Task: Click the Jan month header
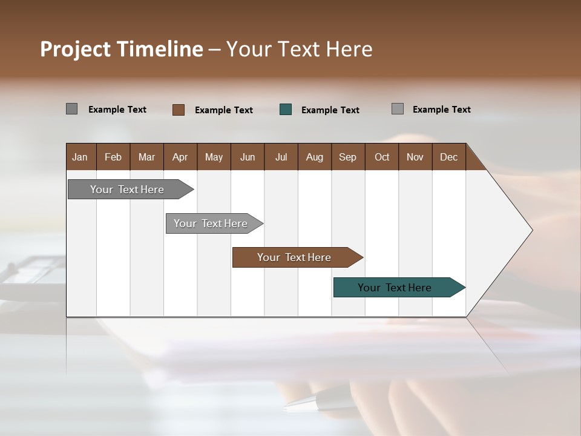(x=80, y=157)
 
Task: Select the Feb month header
(x=113, y=157)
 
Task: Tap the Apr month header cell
(x=180, y=157)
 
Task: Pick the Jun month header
(x=248, y=157)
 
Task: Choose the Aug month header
(x=315, y=157)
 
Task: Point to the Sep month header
(x=348, y=157)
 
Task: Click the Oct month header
(x=382, y=157)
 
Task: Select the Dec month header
(x=449, y=157)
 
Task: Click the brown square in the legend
(x=179, y=110)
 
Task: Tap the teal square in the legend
(x=286, y=110)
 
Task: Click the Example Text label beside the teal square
(x=330, y=110)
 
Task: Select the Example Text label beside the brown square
(x=224, y=110)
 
